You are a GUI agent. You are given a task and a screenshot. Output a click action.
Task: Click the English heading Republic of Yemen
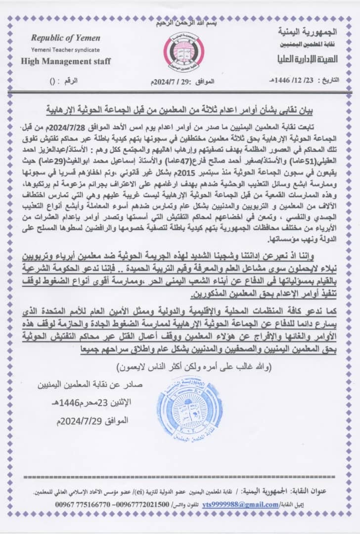[x=65, y=38]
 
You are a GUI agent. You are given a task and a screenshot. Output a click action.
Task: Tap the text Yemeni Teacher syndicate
[x=65, y=50]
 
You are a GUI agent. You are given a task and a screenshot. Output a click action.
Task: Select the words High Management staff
[x=66, y=62]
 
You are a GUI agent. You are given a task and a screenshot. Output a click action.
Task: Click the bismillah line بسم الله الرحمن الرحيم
[x=180, y=24]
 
